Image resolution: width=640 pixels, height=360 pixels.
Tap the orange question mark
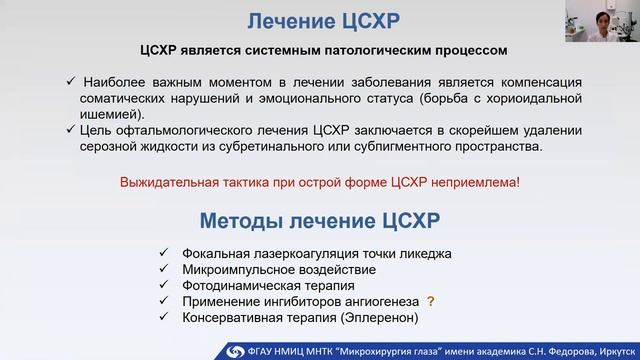(431, 301)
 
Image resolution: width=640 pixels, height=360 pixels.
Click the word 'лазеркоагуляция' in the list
(305, 253)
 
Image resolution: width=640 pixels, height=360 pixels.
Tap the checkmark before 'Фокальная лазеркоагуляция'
(163, 253)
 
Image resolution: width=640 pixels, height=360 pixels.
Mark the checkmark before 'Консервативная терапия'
(163, 317)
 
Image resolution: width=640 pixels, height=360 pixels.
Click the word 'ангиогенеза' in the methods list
(378, 301)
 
